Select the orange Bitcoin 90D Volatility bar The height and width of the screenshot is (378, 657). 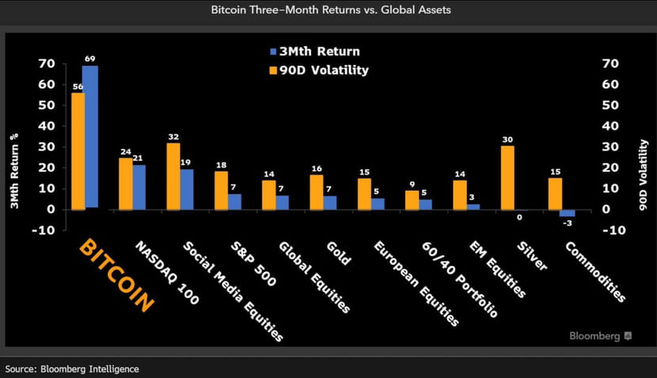[x=78, y=151]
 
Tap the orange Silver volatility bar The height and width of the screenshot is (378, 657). [x=507, y=178]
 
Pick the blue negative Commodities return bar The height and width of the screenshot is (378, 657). [x=567, y=213]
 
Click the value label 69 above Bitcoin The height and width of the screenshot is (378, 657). [x=90, y=59]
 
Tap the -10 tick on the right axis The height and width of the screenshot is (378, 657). [x=615, y=230]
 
